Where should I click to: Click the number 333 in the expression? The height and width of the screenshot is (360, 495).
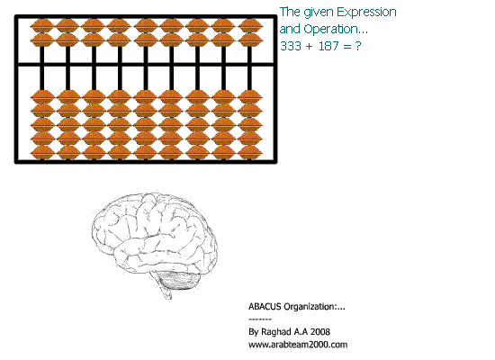(x=291, y=46)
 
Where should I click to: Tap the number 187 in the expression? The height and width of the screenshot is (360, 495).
(x=328, y=46)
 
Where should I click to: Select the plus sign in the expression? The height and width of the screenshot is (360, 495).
(x=309, y=47)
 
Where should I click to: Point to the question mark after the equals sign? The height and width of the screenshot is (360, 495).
(x=357, y=46)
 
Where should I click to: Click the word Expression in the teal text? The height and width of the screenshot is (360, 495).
(x=366, y=13)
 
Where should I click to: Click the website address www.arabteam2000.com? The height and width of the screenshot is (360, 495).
(x=298, y=344)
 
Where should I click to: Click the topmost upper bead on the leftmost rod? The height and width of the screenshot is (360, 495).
(x=42, y=25)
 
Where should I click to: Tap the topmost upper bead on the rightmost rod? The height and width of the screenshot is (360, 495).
(x=249, y=25)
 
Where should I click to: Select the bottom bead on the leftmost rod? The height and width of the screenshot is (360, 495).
(x=42, y=152)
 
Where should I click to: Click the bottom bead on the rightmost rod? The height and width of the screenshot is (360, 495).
(x=249, y=152)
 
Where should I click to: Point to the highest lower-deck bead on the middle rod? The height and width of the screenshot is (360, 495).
(x=146, y=96)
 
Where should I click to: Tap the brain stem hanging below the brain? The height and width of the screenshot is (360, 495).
(x=165, y=290)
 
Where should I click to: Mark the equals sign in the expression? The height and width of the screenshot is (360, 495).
(x=346, y=47)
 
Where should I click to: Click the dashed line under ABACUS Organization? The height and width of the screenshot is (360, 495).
(x=260, y=319)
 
